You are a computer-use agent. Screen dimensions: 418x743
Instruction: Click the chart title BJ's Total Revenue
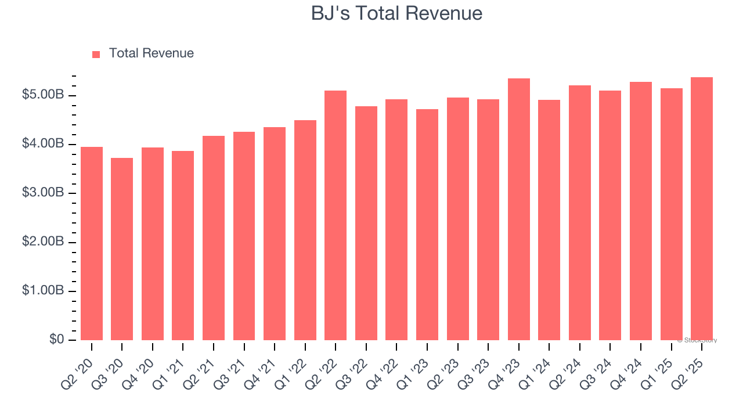pyautogui.click(x=396, y=13)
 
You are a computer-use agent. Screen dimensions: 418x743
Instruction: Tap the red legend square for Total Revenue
pyautogui.click(x=96, y=54)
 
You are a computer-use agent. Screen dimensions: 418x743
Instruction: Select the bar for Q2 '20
pyautogui.click(x=92, y=244)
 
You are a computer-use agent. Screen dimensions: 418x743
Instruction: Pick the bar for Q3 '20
pyautogui.click(x=122, y=250)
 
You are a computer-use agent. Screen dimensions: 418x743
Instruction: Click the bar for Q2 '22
pyautogui.click(x=336, y=215)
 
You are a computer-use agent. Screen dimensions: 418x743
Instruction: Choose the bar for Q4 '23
pyautogui.click(x=518, y=209)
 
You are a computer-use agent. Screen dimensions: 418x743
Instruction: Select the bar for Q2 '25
pyautogui.click(x=701, y=209)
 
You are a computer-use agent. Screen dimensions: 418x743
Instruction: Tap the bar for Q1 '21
pyautogui.click(x=183, y=246)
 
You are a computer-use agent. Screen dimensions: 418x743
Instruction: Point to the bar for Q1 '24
pyautogui.click(x=549, y=221)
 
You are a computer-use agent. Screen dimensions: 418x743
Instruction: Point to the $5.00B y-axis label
pyautogui.click(x=42, y=95)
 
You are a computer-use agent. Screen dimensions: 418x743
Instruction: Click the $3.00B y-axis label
pyautogui.click(x=42, y=193)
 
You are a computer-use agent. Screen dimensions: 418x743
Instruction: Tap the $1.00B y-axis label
pyautogui.click(x=42, y=290)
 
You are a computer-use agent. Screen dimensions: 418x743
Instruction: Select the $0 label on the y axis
pyautogui.click(x=56, y=339)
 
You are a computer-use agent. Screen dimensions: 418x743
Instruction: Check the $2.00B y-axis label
pyautogui.click(x=42, y=242)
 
